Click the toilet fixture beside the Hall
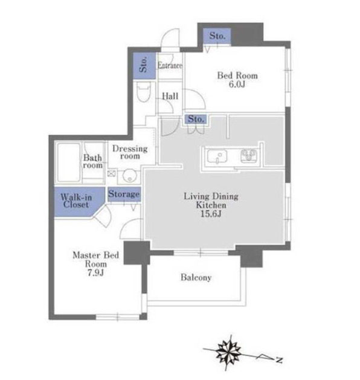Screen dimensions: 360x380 (144, 92)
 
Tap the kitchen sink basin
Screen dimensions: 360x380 (217, 156)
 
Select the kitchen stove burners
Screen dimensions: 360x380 (249, 156)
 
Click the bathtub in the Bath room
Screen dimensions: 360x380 (69, 163)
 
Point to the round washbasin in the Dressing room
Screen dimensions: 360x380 (129, 176)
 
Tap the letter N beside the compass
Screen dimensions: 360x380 (279, 360)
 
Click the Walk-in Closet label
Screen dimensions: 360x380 (76, 201)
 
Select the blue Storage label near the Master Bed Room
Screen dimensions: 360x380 (124, 194)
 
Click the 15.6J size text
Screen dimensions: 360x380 (211, 214)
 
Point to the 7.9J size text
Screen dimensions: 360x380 (95, 273)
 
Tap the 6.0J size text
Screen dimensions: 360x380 (237, 85)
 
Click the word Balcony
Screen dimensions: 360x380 (196, 277)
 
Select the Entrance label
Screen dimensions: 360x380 (170, 65)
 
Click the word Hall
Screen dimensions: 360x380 (170, 96)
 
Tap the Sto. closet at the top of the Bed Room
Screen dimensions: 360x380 (217, 36)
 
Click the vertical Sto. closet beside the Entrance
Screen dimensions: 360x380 (144, 65)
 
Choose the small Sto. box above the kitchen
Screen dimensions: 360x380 (196, 119)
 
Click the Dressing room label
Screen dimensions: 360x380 (130, 152)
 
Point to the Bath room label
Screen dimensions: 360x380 (92, 162)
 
